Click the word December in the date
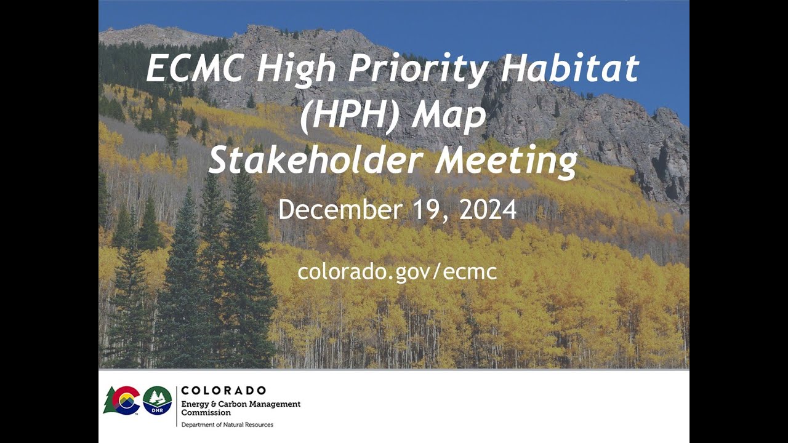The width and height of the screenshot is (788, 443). coord(340,210)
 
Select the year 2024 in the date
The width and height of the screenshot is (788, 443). coord(488,210)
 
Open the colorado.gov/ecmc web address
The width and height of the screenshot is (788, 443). coord(397,271)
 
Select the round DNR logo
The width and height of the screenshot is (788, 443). coord(158,401)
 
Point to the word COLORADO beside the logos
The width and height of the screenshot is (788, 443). coord(223,391)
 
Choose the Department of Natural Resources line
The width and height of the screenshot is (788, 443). coord(227,425)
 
